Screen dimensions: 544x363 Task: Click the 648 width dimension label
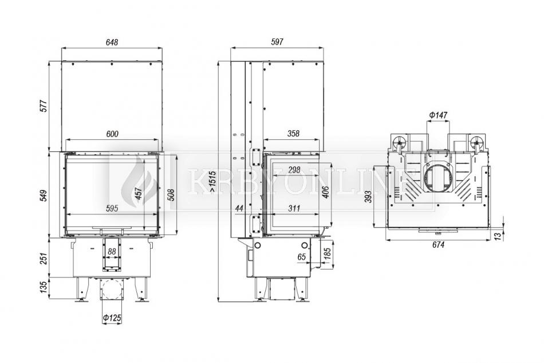pyautogui.click(x=112, y=42)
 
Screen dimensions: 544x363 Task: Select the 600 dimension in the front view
pyautogui.click(x=112, y=134)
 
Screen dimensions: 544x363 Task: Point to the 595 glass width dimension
pyautogui.click(x=112, y=208)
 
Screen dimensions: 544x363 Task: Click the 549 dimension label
pyautogui.click(x=44, y=196)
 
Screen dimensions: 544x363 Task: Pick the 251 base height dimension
pyautogui.click(x=44, y=258)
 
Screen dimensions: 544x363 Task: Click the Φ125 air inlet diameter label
pyautogui.click(x=112, y=318)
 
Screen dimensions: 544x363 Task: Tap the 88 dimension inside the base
pyautogui.click(x=111, y=252)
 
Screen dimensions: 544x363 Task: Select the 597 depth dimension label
pyautogui.click(x=277, y=42)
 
